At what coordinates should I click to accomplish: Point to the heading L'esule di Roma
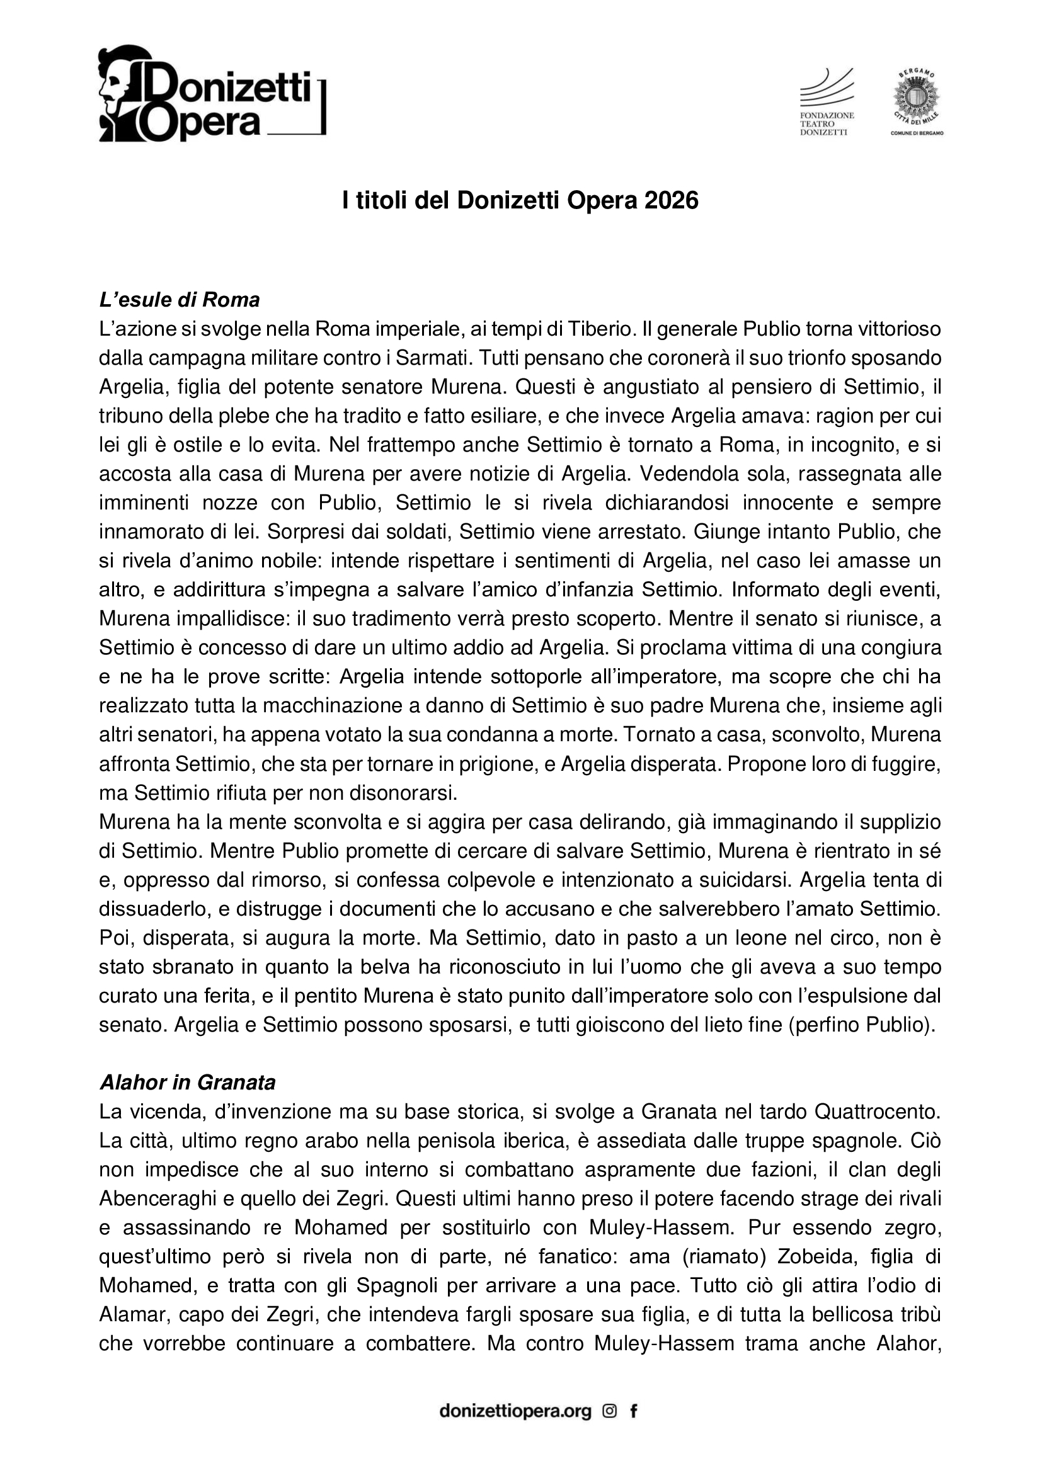180,300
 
